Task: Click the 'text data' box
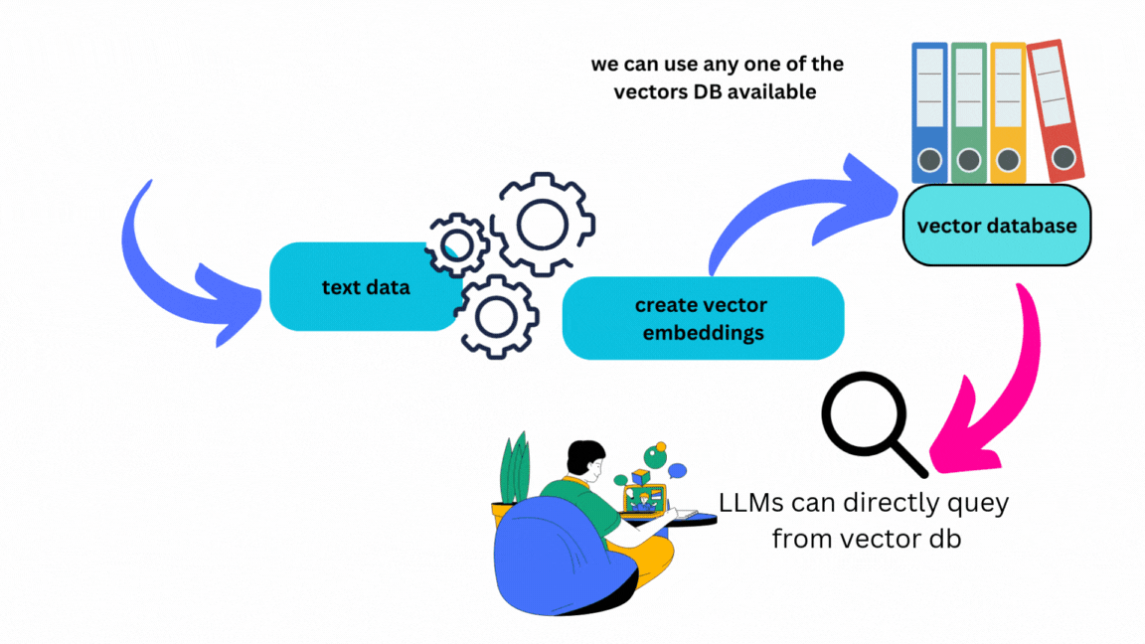[x=364, y=287]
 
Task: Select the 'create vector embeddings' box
[x=702, y=318]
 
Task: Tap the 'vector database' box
[x=996, y=226]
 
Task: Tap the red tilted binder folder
[x=1055, y=109]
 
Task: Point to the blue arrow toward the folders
[x=795, y=209]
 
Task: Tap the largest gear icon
[x=543, y=225]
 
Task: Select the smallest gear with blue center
[x=457, y=244]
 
